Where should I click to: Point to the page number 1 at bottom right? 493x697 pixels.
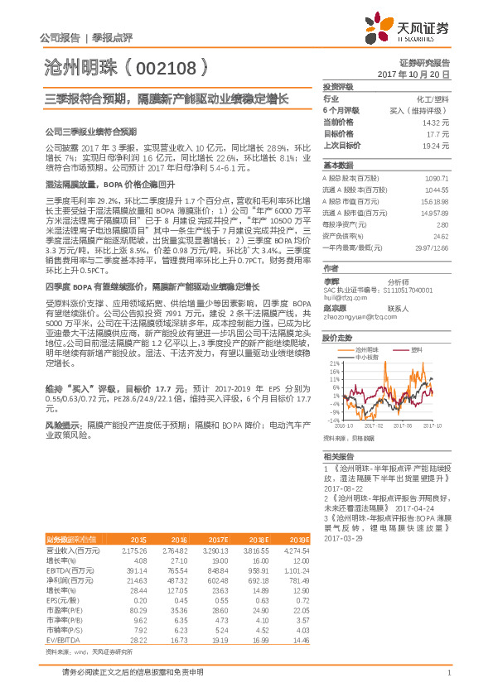[447, 683]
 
